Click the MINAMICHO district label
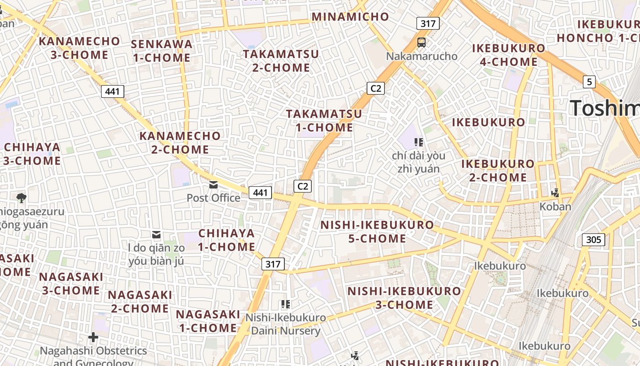pos(350,17)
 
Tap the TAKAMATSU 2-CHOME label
pos(281,61)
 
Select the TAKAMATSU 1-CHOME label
pos(324,121)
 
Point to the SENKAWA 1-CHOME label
pos(161,51)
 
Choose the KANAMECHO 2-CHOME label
pos(180,143)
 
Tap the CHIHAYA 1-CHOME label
pos(227,240)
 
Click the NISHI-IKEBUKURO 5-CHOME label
pos(377,231)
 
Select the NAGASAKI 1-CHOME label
pos(208,321)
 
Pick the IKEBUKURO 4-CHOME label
pos(508,55)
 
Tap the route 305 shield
pos(593,240)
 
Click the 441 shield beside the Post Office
pos(260,193)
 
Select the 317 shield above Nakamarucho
pos(428,23)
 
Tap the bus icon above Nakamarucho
pos(421,43)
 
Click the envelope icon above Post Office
pos(213,185)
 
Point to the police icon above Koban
pos(555,193)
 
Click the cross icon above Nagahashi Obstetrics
pos(93,338)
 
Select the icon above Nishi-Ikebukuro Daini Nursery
pos(286,304)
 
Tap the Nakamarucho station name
pos(421,56)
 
